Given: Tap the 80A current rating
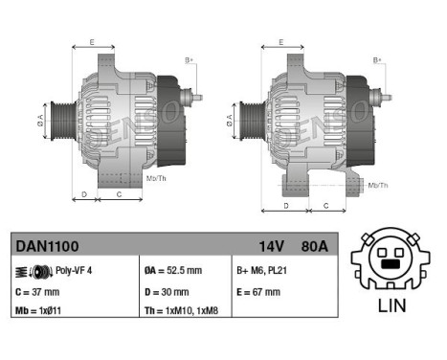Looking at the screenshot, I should tap(312, 247).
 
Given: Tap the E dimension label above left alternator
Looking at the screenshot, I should tap(92, 42).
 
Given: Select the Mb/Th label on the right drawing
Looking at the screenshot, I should tap(378, 184).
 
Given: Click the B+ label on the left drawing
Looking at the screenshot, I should tap(189, 62).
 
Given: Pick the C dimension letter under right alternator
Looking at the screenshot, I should tap(326, 205).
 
